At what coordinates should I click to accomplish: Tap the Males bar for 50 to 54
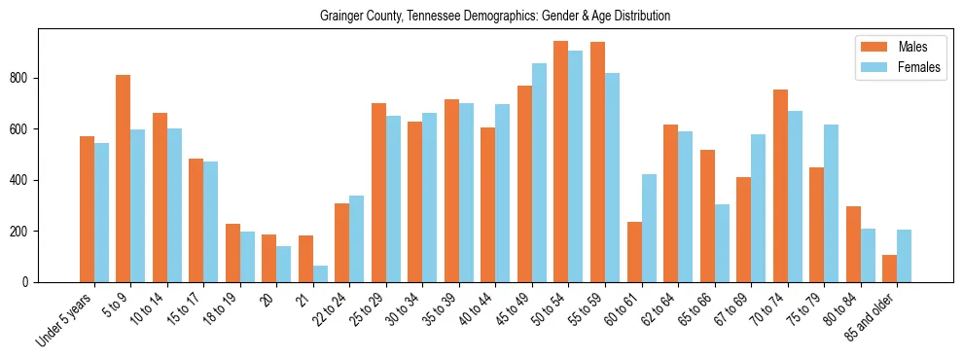(x=561, y=162)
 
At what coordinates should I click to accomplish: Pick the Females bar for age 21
(x=320, y=273)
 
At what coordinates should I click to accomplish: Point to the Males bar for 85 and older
(x=889, y=269)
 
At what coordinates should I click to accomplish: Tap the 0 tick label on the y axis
(x=29, y=282)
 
